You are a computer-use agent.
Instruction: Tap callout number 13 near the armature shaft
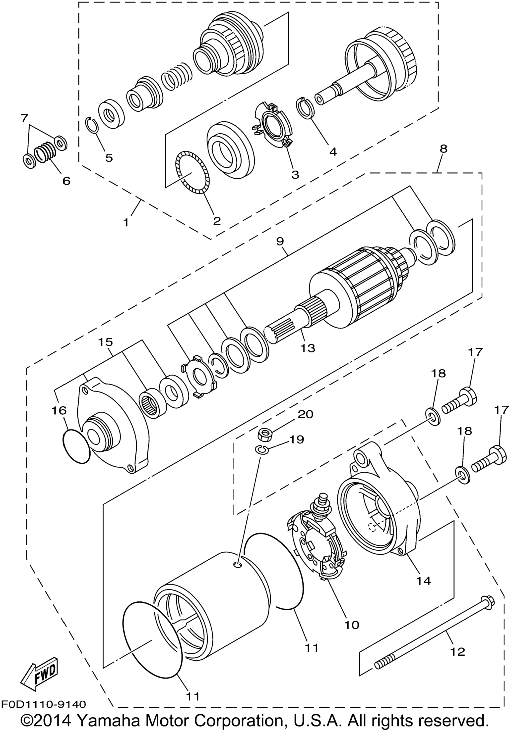(308, 348)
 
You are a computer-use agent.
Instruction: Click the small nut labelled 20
(264, 434)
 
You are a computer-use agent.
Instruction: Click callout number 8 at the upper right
(444, 148)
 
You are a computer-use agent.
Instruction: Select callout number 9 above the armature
(280, 241)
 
